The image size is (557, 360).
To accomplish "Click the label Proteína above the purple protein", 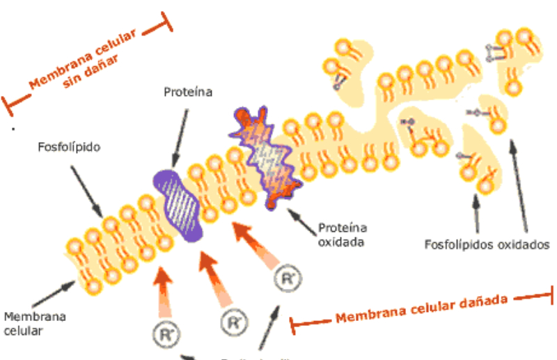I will pyautogui.click(x=187, y=91).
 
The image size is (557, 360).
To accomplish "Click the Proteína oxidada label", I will pyautogui.click(x=343, y=235).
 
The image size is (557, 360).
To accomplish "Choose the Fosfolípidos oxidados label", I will pyautogui.click(x=487, y=244).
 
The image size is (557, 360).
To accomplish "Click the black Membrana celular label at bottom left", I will pyautogui.click(x=35, y=323).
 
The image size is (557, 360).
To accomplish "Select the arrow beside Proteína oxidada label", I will pyautogui.click(x=301, y=218).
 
